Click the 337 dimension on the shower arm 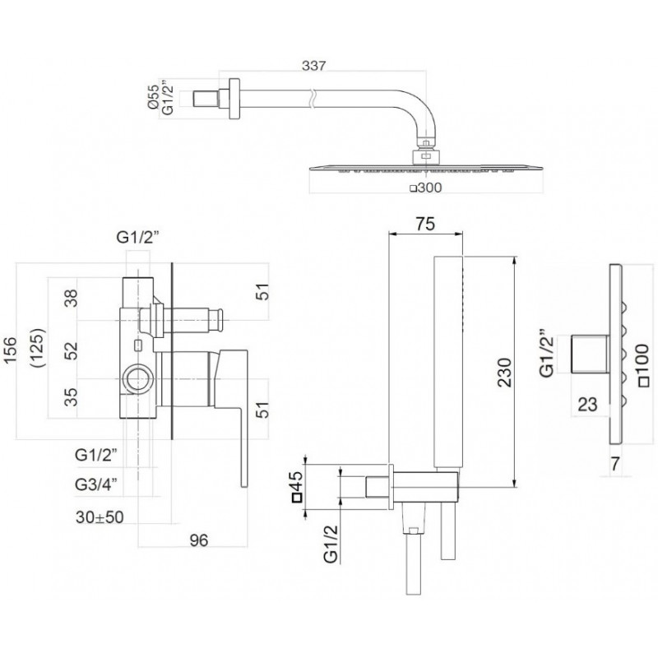point(313,66)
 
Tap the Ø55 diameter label point(154,96)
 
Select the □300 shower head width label point(426,188)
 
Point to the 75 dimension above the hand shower point(425,224)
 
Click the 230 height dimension point(505,373)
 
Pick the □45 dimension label point(297,486)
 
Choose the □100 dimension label point(642,364)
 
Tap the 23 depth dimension point(587,405)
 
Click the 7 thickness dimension point(614,464)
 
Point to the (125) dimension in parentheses point(39,348)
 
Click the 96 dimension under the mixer point(198,540)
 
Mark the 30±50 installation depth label point(100,517)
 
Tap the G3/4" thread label point(96,484)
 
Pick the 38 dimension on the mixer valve point(72,299)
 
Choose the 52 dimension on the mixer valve point(72,351)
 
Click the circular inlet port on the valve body point(138,379)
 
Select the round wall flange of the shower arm point(234,99)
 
